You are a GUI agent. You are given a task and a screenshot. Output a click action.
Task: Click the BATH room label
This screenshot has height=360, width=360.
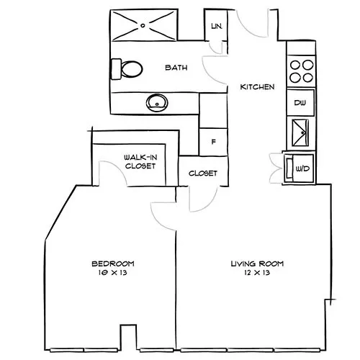176,68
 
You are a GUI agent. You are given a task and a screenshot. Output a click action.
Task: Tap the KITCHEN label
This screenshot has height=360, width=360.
257,87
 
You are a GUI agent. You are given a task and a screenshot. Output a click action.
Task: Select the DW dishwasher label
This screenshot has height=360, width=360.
300,103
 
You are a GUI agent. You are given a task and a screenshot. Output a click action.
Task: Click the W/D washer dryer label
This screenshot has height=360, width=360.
302,168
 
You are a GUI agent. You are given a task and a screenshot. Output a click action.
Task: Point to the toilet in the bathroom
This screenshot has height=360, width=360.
127,69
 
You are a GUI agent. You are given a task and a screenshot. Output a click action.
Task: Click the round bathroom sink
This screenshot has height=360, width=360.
157,103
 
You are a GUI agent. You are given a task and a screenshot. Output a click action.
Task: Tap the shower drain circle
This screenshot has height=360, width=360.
143,25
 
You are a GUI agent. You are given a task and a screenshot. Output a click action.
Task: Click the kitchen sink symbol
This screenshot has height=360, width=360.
300,132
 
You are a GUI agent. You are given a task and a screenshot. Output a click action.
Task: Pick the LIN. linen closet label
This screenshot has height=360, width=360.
217,26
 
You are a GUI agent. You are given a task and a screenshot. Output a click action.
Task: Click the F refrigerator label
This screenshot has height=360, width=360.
213,142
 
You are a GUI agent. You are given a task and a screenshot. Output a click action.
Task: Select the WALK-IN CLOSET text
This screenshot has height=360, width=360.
140,162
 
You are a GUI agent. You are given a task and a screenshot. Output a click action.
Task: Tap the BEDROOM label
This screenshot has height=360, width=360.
113,264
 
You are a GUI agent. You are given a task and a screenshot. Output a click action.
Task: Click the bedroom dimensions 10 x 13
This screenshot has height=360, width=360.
112,273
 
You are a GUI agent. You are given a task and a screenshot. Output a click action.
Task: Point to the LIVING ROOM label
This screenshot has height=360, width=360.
257,264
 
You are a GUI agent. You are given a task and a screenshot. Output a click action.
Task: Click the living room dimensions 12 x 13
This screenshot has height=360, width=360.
257,273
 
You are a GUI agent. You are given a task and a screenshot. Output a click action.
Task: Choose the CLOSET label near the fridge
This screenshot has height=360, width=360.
203,174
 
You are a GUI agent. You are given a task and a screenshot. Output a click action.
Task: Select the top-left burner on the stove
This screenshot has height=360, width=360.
295,65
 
